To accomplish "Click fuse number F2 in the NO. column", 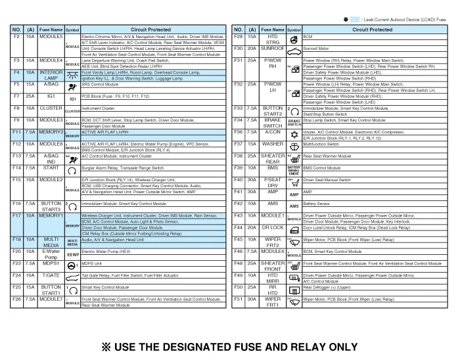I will [16, 37].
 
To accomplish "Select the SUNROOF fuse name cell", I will [272, 49].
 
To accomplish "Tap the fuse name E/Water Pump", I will [51, 254].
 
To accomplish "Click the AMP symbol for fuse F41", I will [294, 194].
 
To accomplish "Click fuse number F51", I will [239, 302].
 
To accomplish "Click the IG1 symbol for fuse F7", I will [73, 99].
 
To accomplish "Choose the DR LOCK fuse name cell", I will [272, 227].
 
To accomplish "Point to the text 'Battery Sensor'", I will [317, 204].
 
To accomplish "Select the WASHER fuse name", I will [272, 143].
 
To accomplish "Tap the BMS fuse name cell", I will [272, 168].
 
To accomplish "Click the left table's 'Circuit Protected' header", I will [150, 30].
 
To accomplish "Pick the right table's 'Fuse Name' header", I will [272, 30].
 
